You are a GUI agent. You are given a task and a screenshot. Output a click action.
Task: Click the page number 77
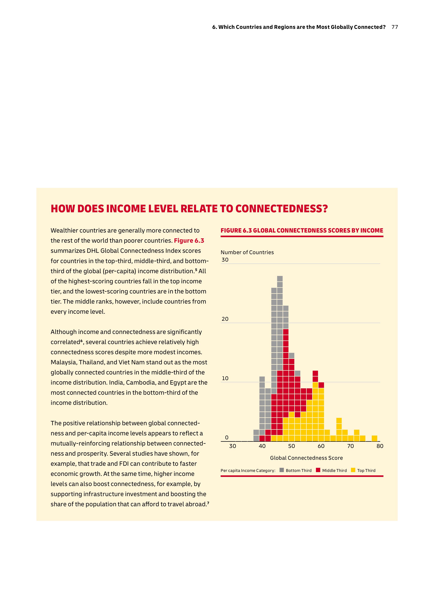pos(395,27)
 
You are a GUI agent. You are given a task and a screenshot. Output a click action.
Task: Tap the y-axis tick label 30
pos(225,260)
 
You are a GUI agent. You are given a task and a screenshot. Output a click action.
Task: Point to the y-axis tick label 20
pos(225,319)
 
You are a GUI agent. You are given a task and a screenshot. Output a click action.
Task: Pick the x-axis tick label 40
pos(262,446)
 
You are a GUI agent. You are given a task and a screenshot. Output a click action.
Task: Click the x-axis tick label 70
pos(350,446)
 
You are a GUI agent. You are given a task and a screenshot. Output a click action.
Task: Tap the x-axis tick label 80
pos(380,446)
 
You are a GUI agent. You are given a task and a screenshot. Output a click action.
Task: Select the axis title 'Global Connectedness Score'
pos(306,458)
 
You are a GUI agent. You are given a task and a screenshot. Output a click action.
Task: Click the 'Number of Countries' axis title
pos(247,252)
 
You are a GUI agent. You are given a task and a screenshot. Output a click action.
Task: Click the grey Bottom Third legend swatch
pos(282,470)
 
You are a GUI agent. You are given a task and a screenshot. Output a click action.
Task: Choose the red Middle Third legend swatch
pos(318,470)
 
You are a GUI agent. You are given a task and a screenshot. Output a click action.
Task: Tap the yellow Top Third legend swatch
pos(353,470)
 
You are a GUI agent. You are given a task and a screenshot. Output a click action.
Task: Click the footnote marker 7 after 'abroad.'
pos(208,503)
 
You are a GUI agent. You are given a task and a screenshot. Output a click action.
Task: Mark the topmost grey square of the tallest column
pos(280,279)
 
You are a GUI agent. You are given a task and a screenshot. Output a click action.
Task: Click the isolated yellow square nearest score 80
pos(374,438)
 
